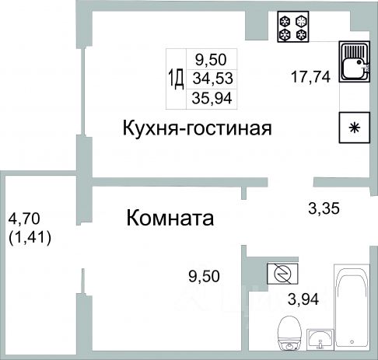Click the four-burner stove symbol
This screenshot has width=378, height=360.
coord(293,26)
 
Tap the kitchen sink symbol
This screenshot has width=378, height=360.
coord(355,61)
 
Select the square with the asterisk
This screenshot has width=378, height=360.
coord(355,128)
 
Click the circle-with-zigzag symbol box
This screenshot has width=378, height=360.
coord(282,274)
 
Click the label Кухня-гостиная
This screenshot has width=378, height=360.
coord(198,128)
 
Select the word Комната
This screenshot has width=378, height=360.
coord(170,218)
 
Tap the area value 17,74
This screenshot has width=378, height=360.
coord(311,77)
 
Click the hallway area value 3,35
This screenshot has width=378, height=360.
coord(324,208)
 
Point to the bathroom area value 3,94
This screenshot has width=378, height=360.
coord(303,299)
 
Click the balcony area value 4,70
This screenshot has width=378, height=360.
coord(24,218)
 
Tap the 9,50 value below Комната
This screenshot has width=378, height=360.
coord(204,276)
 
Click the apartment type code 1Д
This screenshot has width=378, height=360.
coord(177,79)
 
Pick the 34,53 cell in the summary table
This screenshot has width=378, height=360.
coord(212,79)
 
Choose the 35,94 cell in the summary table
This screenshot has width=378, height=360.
coord(212,98)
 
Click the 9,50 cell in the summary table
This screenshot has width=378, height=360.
coord(211,59)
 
